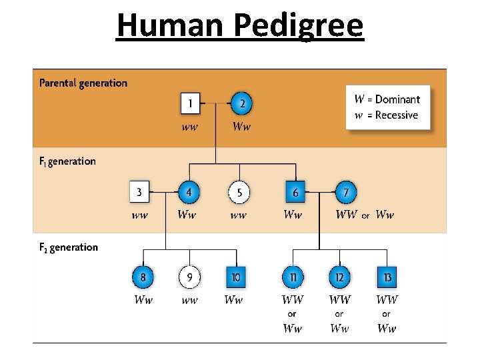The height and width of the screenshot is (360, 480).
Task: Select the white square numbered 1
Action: coord(191,103)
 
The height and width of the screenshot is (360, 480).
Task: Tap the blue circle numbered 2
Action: coord(242,103)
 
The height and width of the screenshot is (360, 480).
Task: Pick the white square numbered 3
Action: coord(139,193)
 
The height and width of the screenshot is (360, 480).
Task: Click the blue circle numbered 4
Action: coord(190,193)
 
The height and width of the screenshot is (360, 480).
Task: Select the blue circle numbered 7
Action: coord(345,193)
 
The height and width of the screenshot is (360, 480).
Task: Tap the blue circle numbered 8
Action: coord(143,276)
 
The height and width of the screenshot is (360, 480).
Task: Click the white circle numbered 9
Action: coord(189,276)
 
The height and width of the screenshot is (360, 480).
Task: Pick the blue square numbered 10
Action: coord(235,276)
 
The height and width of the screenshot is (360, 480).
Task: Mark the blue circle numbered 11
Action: coord(293,276)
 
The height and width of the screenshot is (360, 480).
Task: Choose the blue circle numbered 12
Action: coord(339,276)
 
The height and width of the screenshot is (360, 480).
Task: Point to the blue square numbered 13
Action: coord(387,276)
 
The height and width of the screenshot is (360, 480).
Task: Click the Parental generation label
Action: coord(83,83)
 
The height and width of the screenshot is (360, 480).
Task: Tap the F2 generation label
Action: coord(69,247)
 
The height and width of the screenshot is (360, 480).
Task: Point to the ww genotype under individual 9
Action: coord(189,301)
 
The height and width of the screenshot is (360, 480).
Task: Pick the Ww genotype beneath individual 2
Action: coord(242,127)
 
